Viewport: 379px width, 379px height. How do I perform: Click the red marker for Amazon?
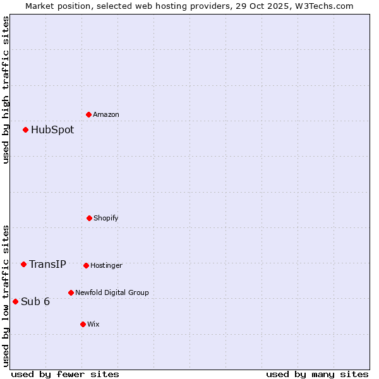[x=89, y=114]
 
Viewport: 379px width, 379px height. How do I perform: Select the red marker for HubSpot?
[x=26, y=129]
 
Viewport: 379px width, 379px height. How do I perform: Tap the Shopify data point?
[x=89, y=218]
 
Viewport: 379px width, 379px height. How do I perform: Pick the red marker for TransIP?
[x=24, y=264]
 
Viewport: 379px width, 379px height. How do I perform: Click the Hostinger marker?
[x=86, y=265]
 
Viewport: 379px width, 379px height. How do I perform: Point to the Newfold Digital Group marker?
[x=71, y=292]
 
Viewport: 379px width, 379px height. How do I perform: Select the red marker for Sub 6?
[x=16, y=301]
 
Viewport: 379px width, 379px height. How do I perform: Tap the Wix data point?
[x=83, y=324]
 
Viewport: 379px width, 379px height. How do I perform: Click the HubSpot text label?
[x=52, y=130]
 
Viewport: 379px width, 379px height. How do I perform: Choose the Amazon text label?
[x=106, y=115]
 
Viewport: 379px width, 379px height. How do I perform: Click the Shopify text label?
[x=106, y=219]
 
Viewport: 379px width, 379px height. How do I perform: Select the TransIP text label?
[x=47, y=265]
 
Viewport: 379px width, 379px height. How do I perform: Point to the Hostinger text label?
[x=106, y=266]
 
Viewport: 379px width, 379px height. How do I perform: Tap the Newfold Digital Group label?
[x=112, y=293]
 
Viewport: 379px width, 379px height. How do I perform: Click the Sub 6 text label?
[x=35, y=302]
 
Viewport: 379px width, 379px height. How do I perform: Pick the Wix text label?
[x=93, y=325]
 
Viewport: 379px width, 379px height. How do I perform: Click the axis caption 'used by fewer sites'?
[x=65, y=375]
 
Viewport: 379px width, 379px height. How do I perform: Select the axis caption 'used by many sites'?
[x=317, y=375]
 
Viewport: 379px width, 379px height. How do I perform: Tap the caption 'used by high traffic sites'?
[x=6, y=90]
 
